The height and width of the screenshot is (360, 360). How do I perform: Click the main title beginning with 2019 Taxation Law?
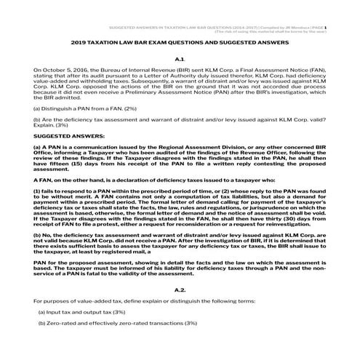click(x=180, y=43)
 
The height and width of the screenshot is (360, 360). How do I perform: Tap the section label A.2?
click(x=180, y=311)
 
